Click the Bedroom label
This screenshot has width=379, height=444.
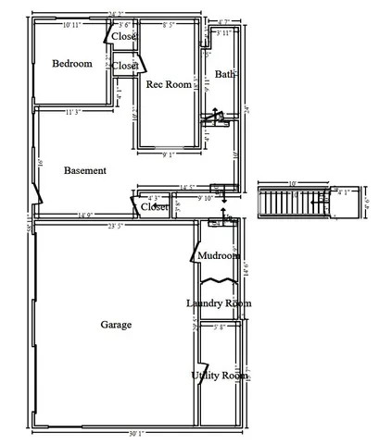(71, 64)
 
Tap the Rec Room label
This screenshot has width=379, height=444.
(169, 84)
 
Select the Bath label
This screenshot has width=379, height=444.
(224, 74)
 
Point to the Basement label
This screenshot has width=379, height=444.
(84, 170)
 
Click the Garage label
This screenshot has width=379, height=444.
(116, 325)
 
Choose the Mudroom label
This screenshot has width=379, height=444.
(220, 255)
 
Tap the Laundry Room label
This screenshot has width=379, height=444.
(219, 303)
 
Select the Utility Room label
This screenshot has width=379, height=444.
(220, 376)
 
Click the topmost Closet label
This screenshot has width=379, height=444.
(125, 36)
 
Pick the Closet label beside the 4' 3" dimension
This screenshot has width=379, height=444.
(154, 207)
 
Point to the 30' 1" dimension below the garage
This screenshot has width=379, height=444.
(137, 431)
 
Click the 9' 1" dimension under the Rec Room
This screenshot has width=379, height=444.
(168, 154)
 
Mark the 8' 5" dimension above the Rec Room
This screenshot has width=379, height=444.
(171, 24)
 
